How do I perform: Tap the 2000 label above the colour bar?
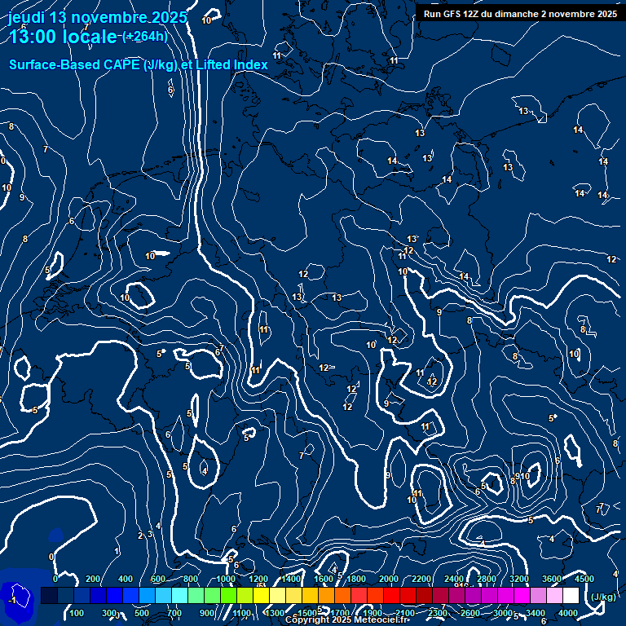389,579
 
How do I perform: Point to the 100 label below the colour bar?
77,613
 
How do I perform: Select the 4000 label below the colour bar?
569,613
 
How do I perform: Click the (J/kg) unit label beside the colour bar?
603,597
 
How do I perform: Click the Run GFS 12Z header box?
519,14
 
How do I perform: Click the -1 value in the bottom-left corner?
12,600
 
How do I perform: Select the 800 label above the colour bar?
191,579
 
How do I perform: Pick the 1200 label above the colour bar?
258,579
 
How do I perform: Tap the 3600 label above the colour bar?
552,579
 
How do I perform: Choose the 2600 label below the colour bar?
470,613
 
